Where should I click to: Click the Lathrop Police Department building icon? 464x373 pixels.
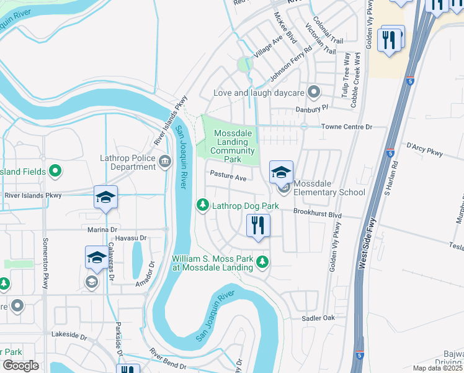point(165,162)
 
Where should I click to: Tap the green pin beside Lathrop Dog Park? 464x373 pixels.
point(202,205)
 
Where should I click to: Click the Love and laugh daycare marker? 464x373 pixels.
point(314,93)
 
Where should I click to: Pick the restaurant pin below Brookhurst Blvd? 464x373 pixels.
point(258,225)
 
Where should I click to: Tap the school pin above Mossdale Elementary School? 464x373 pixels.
point(281,172)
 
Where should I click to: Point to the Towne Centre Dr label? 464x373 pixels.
point(346,127)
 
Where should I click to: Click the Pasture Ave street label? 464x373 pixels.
point(228,178)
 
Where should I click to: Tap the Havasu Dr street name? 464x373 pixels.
point(130,238)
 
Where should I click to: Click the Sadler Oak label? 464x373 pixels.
point(318,318)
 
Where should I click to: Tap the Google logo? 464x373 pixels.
point(20,366)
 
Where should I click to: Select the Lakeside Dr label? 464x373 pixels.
point(69,336)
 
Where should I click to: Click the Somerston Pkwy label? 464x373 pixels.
point(45,262)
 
